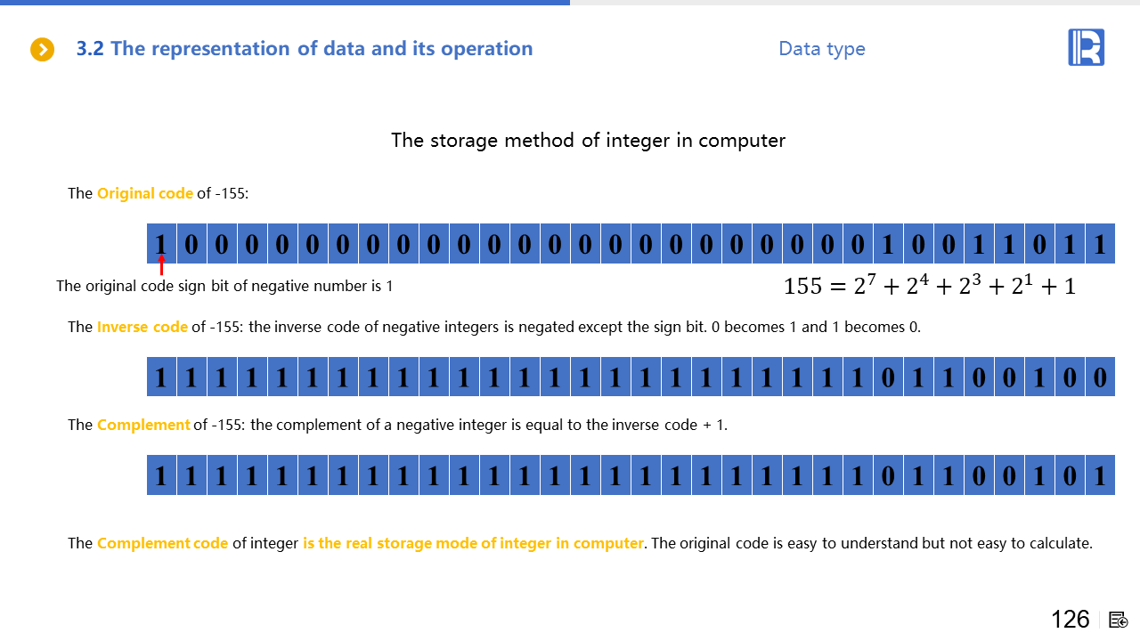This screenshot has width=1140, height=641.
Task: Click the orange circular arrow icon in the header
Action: pos(42,49)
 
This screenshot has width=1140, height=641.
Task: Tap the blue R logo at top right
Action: pos(1086,47)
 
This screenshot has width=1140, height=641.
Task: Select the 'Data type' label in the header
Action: pos(822,49)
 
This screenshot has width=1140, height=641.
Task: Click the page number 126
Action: pos(1071,619)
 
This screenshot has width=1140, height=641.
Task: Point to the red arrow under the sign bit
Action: pos(161,264)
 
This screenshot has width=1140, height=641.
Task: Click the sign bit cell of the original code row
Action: pos(161,244)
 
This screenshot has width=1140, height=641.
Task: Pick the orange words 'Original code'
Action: pos(145,193)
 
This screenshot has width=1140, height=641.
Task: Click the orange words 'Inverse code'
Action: pos(142,327)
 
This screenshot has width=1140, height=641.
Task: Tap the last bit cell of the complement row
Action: pos(1100,475)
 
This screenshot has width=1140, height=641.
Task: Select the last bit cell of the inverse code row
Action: pos(1100,377)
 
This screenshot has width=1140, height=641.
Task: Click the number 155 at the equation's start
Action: pos(802,286)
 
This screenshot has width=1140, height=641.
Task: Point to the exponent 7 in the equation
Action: pos(872,280)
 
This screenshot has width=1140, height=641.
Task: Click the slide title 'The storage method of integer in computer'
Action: pos(588,141)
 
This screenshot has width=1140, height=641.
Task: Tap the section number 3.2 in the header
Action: pos(90,49)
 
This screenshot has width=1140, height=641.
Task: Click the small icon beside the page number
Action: pos(1118,621)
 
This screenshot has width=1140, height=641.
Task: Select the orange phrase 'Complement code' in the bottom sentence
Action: pos(162,543)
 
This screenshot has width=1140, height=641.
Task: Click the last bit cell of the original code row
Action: pos(1100,244)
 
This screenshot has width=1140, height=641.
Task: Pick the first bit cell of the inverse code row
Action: pos(161,377)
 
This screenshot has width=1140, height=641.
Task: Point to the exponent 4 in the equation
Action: pos(924,280)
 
